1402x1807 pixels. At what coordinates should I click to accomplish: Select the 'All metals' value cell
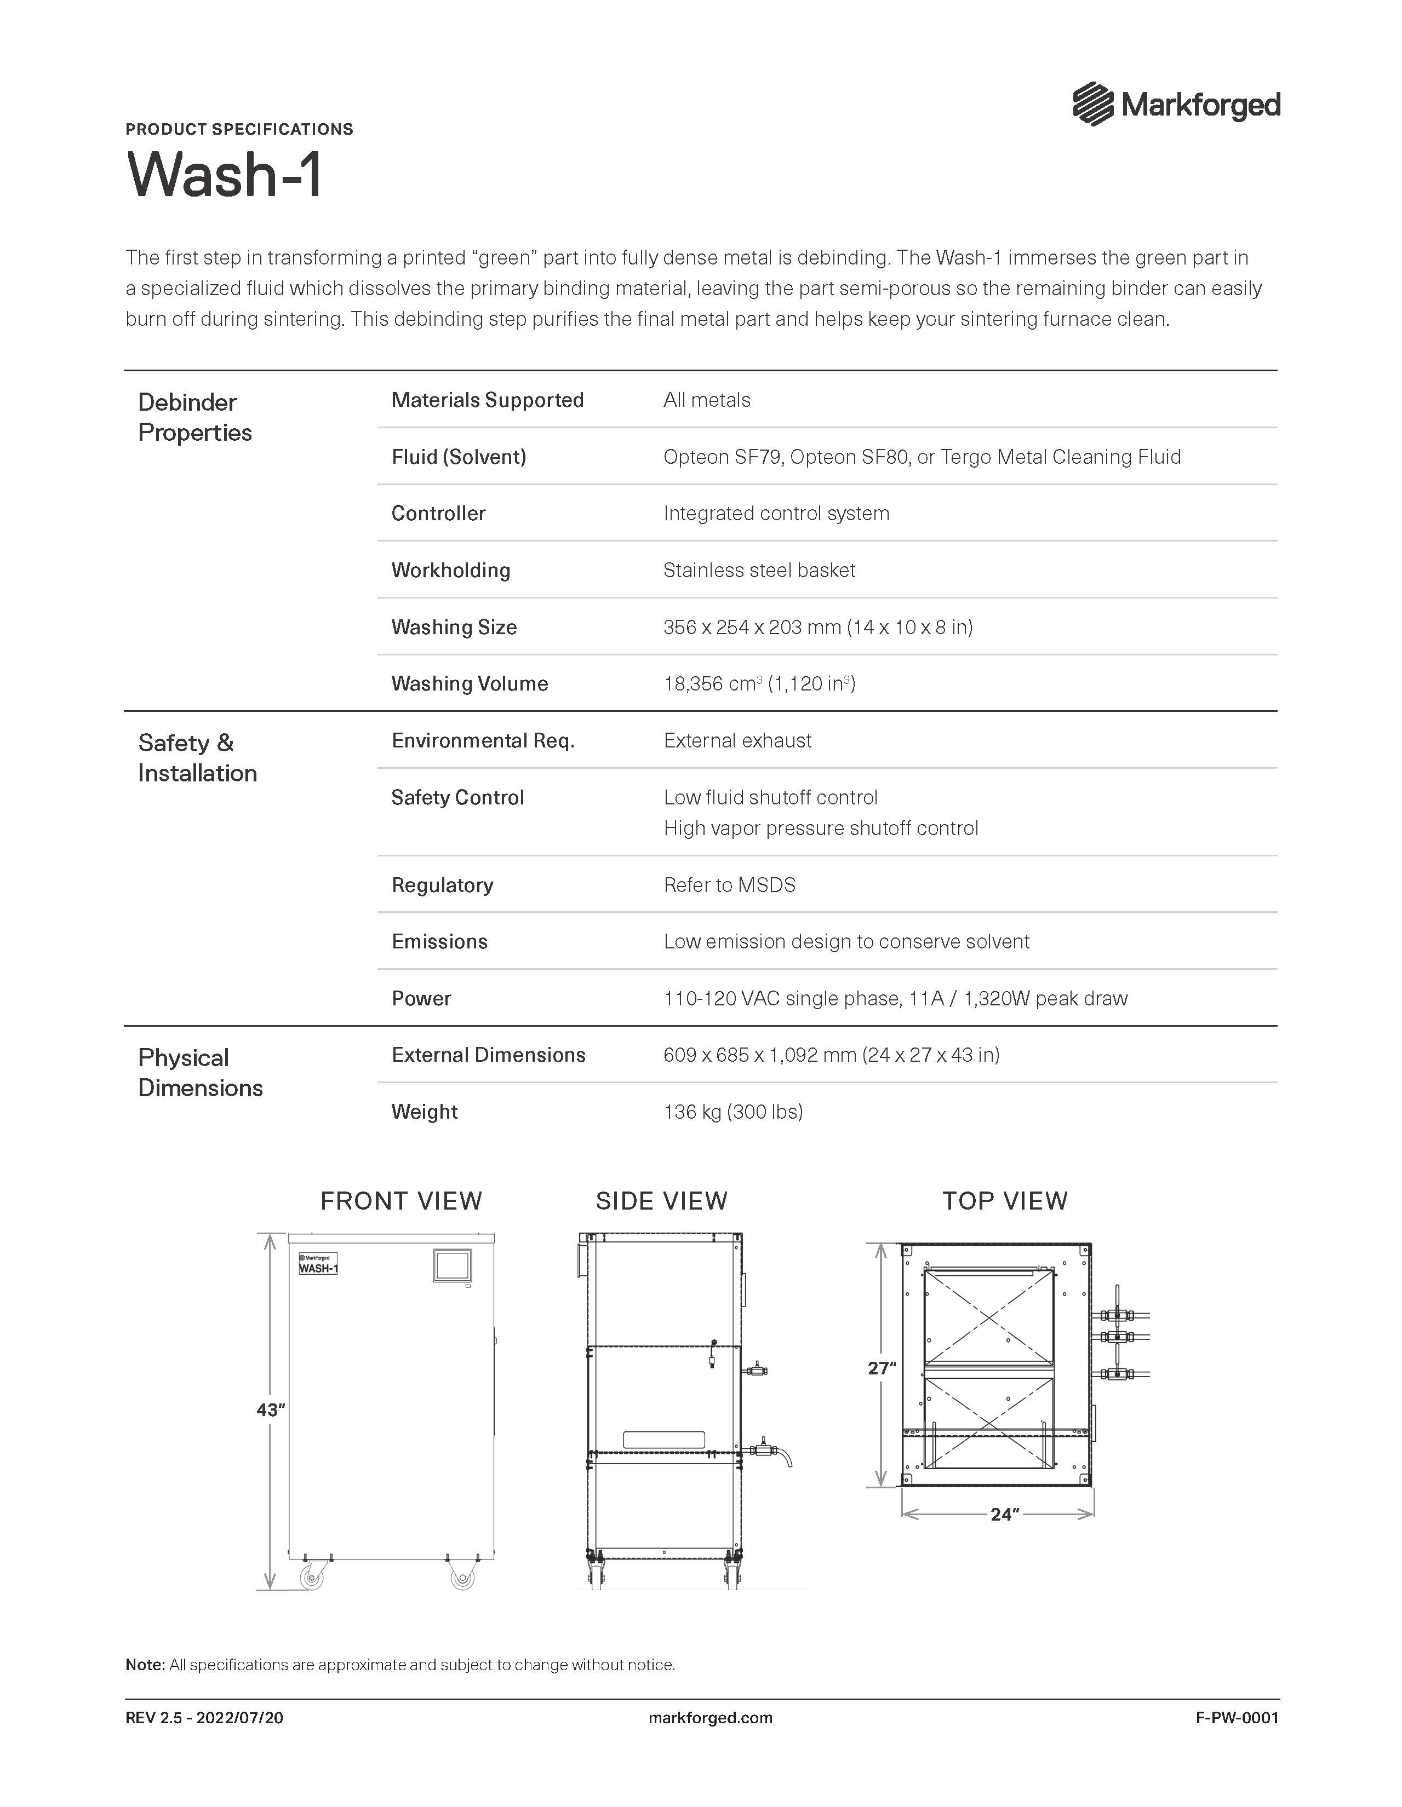click(x=707, y=400)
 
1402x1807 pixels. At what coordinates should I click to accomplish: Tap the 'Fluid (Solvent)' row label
click(x=459, y=457)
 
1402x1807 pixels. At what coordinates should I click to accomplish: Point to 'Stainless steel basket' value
click(x=759, y=570)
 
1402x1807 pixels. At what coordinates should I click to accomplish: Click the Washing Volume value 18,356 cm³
click(x=759, y=683)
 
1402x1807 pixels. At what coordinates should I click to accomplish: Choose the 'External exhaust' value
click(x=737, y=740)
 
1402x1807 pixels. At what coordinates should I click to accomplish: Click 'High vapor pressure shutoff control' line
click(x=820, y=828)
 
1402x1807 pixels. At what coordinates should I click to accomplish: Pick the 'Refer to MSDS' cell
click(x=729, y=885)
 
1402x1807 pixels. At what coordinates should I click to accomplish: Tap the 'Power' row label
click(x=421, y=999)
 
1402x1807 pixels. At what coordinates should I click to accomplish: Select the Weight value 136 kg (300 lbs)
click(x=733, y=1112)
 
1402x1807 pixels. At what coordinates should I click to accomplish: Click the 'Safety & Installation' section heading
click(x=198, y=758)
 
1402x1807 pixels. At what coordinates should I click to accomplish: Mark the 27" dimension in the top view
click(x=882, y=1368)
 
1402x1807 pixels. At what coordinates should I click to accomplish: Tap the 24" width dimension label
click(x=1004, y=1514)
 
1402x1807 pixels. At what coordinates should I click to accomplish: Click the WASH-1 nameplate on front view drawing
click(x=318, y=1264)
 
